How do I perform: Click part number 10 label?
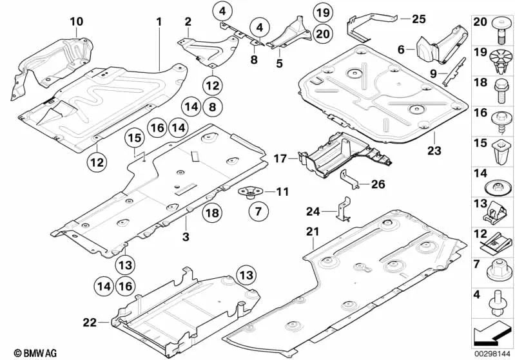tap(77, 22)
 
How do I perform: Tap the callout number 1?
tap(158, 22)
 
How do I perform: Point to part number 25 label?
tap(420, 19)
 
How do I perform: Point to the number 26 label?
tap(378, 184)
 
